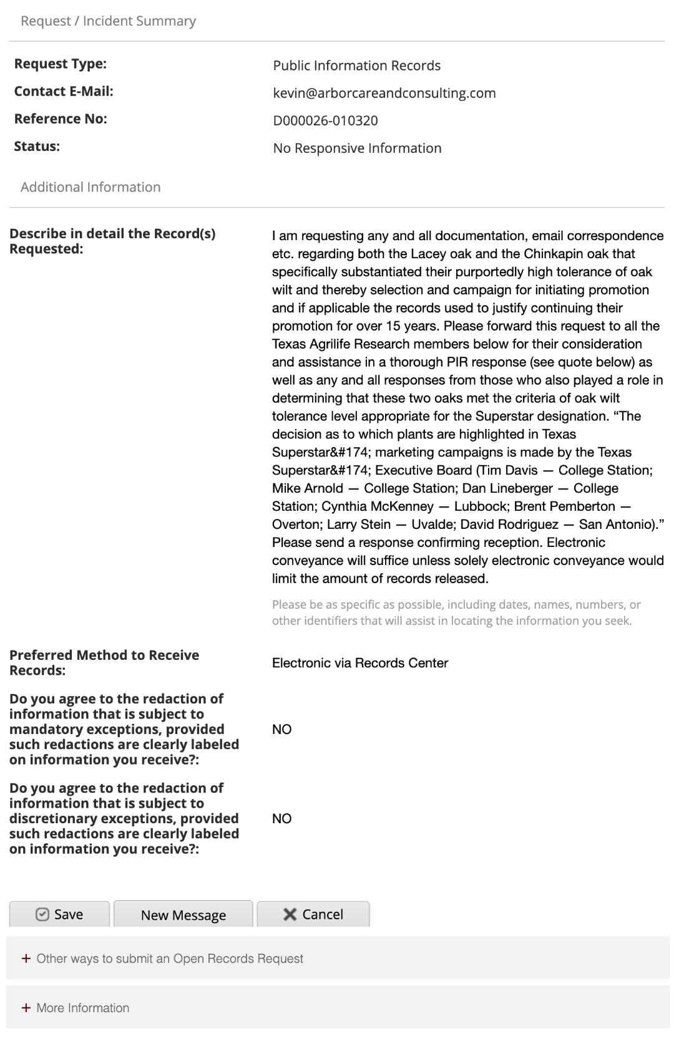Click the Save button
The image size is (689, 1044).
pyautogui.click(x=59, y=914)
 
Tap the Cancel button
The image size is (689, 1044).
pyautogui.click(x=313, y=914)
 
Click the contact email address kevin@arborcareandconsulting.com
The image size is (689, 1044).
pyautogui.click(x=384, y=93)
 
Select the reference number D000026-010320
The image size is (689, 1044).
pyautogui.click(x=325, y=120)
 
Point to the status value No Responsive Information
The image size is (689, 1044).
pyautogui.click(x=357, y=148)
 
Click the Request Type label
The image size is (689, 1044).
pyautogui.click(x=61, y=64)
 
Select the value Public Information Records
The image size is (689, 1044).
pyautogui.click(x=356, y=65)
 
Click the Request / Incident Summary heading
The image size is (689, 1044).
pyautogui.click(x=108, y=21)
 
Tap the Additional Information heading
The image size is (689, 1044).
pyautogui.click(x=90, y=187)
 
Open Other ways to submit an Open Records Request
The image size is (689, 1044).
pyautogui.click(x=170, y=959)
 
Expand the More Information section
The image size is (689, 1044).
pyautogui.click(x=82, y=1008)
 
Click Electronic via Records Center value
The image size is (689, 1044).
pyautogui.click(x=359, y=663)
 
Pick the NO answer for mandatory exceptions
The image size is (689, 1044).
pyautogui.click(x=281, y=730)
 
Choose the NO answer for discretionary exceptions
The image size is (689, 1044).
pyautogui.click(x=281, y=819)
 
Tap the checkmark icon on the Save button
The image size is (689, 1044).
pyautogui.click(x=42, y=914)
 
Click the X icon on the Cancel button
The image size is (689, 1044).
pyautogui.click(x=290, y=914)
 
